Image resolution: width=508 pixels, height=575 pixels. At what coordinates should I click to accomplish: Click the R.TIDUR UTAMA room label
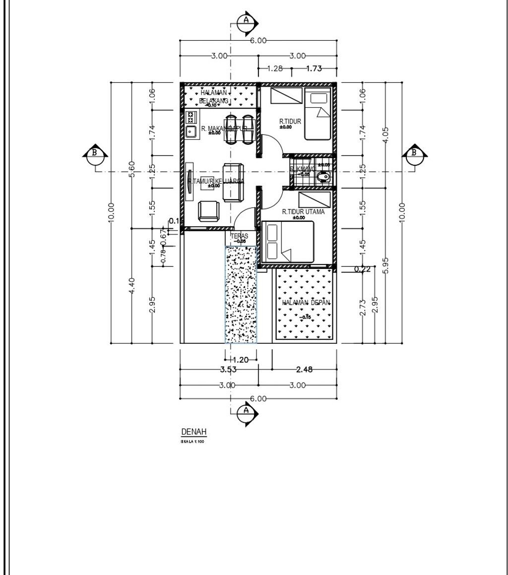tap(303, 212)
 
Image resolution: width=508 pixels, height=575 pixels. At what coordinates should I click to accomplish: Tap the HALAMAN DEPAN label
tap(306, 303)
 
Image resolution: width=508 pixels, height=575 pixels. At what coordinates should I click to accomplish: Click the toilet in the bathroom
tap(324, 177)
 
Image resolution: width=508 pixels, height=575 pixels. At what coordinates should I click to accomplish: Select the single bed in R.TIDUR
tap(317, 115)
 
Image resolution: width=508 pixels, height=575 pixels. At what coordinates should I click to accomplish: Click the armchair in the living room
tap(208, 211)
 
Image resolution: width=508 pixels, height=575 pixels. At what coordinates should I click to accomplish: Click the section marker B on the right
tap(413, 153)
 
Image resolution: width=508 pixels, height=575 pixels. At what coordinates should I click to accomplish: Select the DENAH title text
tap(193, 431)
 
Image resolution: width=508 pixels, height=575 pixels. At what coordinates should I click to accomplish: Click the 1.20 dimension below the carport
tap(241, 360)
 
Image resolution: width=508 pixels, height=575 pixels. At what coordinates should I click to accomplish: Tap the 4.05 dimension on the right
tap(386, 134)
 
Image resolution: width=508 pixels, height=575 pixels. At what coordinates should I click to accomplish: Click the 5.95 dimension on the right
tap(386, 264)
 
